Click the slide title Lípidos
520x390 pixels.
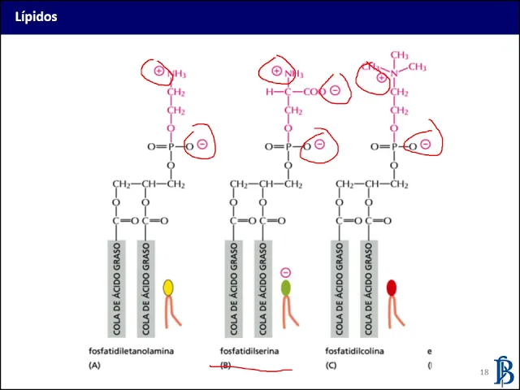coord(36,16)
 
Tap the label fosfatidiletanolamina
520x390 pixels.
coord(132,351)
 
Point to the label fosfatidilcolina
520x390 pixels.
coord(354,351)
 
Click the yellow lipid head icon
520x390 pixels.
coord(168,287)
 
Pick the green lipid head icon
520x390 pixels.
coord(286,287)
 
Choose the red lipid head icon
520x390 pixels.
coord(392,287)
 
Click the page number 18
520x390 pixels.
coord(484,372)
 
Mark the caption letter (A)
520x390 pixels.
coord(94,366)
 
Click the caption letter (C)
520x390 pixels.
coord(331,366)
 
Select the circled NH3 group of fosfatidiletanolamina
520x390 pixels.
coord(171,72)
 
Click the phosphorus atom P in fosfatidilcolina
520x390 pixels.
coord(395,147)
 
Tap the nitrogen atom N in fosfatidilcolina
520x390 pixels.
coord(395,73)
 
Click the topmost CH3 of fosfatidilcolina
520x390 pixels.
coord(399,54)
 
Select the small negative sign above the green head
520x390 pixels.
coord(285,273)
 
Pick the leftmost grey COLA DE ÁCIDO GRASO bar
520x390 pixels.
coord(117,288)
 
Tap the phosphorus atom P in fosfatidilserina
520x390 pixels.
coord(288,147)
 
